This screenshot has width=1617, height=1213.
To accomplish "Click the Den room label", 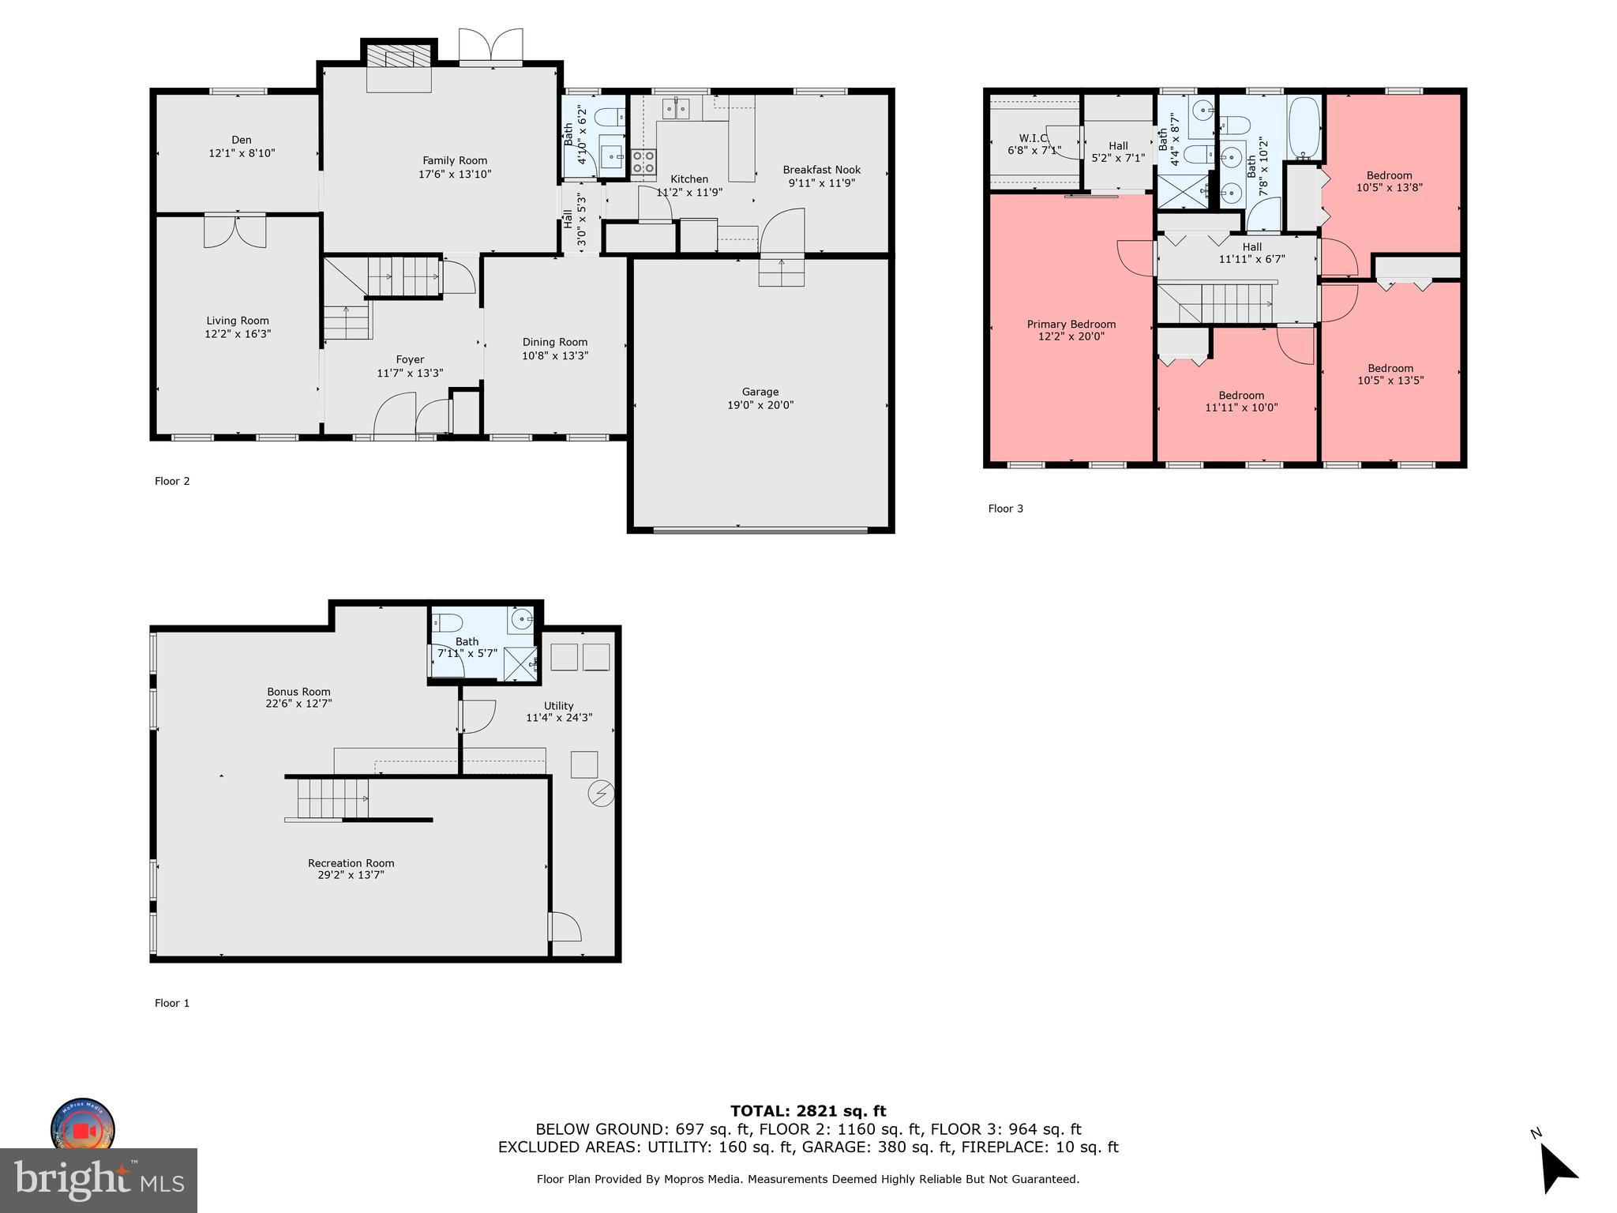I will (241, 140).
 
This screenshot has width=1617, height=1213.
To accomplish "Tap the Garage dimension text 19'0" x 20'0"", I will (760, 405).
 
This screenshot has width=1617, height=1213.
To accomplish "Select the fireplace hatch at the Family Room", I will (400, 56).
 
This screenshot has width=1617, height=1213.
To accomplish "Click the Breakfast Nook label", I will (821, 170).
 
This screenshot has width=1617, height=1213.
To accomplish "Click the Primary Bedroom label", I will (1071, 324).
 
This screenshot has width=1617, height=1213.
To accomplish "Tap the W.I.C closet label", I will (1033, 138).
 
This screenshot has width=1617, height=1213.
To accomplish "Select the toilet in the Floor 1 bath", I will (447, 622).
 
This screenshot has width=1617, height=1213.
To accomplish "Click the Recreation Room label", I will (351, 863).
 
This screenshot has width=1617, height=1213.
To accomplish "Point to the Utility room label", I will (558, 706).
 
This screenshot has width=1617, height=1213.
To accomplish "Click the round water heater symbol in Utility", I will (602, 794).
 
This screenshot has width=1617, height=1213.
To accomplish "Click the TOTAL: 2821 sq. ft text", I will (808, 1111).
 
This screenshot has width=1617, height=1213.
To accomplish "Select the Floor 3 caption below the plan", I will (1005, 509).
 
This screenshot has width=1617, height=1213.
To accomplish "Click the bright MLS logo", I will (98, 1180).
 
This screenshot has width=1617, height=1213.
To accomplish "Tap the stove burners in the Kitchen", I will (643, 162).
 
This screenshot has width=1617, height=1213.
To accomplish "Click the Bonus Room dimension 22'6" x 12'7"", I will (298, 703).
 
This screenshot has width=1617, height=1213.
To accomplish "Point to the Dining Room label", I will (554, 342).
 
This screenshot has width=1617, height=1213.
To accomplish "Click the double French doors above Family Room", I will (490, 45).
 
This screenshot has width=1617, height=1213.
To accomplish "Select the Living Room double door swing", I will (234, 231).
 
